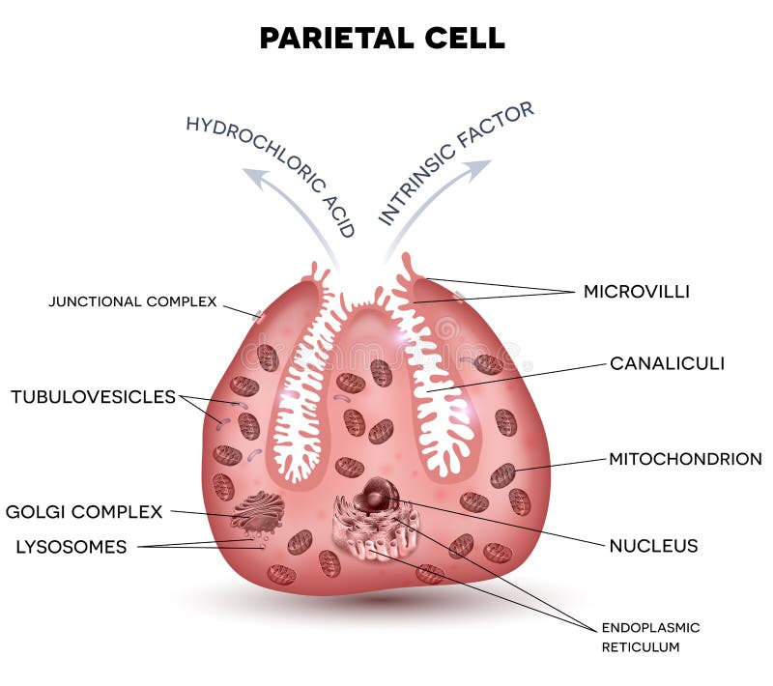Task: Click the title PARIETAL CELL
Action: point(382,38)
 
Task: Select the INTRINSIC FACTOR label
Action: point(455,162)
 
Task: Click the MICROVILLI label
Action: point(636,291)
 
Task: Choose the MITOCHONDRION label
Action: point(684,459)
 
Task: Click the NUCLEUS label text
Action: point(652,546)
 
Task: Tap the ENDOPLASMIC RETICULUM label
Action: point(650,637)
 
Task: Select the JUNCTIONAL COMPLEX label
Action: point(132,301)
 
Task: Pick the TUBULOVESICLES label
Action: point(93,396)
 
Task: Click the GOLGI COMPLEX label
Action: point(84,511)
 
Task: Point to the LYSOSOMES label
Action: point(71,547)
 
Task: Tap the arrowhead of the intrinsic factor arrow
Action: point(479,168)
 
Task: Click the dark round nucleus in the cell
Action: point(375,496)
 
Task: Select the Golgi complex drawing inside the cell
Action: point(258,512)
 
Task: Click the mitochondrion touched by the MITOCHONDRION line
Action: point(502,474)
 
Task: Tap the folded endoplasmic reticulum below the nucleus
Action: point(373,534)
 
